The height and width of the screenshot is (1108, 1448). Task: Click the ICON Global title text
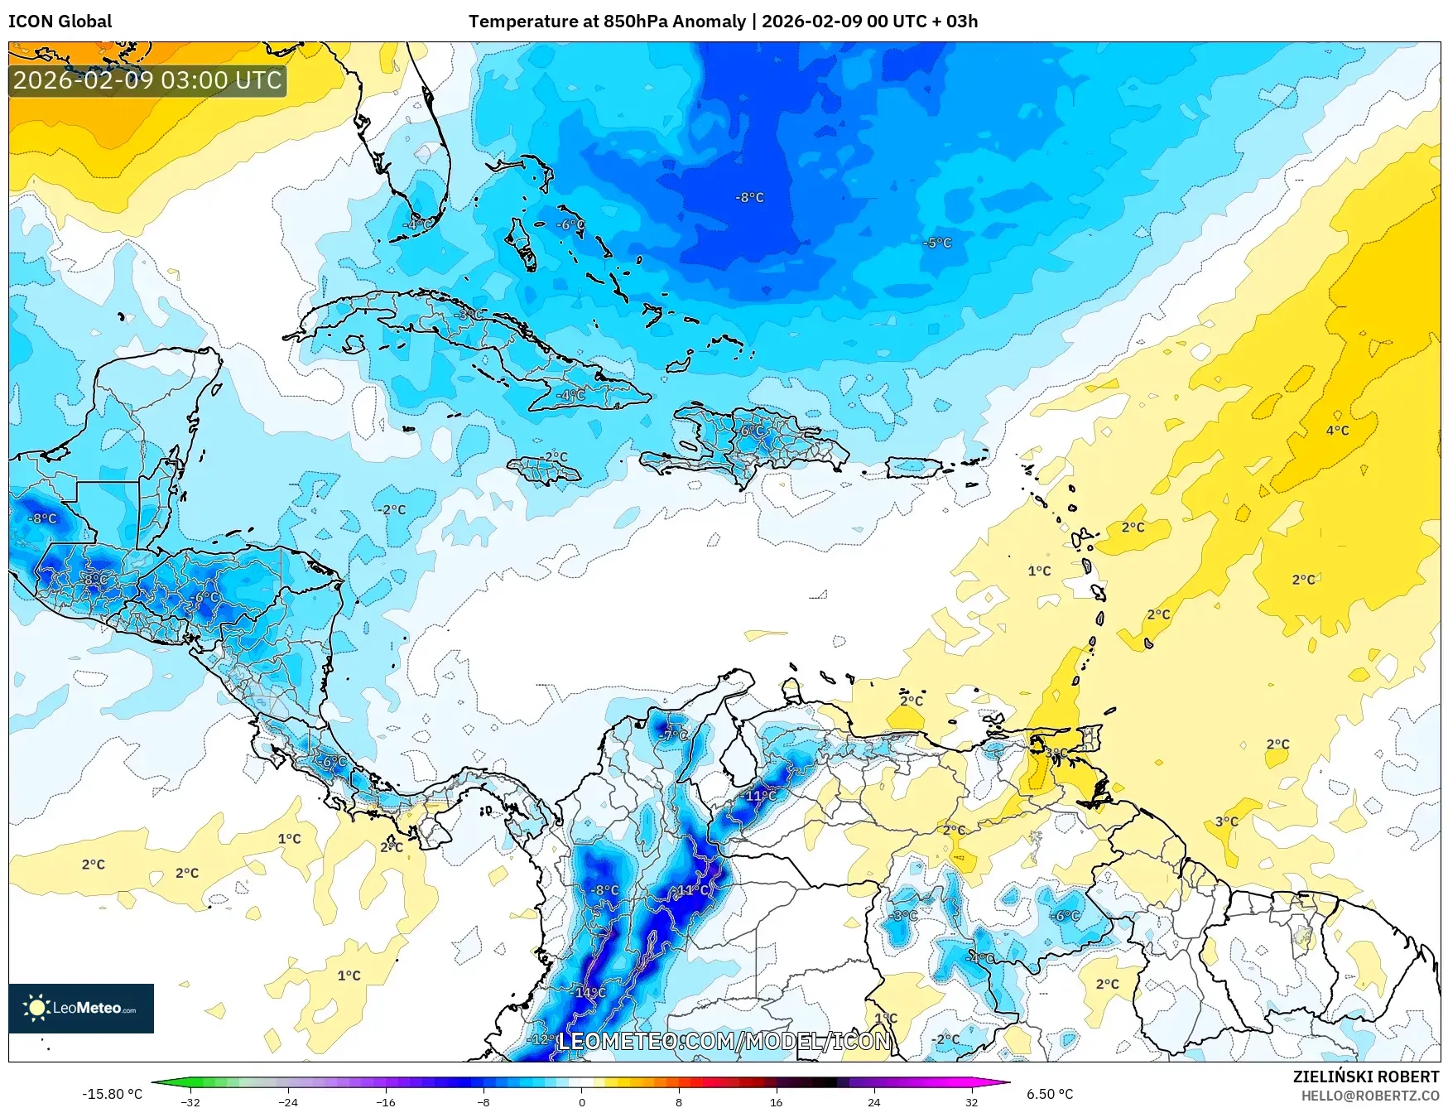click(x=60, y=22)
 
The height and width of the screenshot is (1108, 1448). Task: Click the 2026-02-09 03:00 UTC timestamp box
click(x=147, y=80)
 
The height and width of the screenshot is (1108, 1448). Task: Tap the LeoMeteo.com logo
click(x=81, y=1008)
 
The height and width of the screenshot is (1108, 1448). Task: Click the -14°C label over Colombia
click(x=590, y=992)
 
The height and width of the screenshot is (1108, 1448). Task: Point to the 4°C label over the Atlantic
click(x=1337, y=431)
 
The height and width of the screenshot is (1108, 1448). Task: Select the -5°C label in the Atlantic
click(x=937, y=243)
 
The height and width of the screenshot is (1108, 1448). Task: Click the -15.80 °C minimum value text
click(x=112, y=1094)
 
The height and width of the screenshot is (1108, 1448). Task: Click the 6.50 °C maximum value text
click(x=1050, y=1094)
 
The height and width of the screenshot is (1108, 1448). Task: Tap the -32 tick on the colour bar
click(x=190, y=1101)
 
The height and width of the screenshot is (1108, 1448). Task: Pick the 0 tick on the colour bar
click(x=581, y=1101)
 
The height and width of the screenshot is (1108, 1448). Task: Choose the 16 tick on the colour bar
click(x=776, y=1101)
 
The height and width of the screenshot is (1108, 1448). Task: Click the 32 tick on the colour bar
click(x=971, y=1101)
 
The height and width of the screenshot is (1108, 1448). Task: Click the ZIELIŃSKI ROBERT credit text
click(x=1366, y=1077)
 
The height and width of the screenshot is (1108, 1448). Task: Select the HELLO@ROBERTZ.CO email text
click(x=1369, y=1096)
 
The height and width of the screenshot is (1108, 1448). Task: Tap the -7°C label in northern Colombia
click(x=674, y=735)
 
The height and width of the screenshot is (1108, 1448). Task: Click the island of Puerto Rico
click(x=914, y=468)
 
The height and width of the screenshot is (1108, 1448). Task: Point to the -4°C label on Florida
click(x=417, y=224)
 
